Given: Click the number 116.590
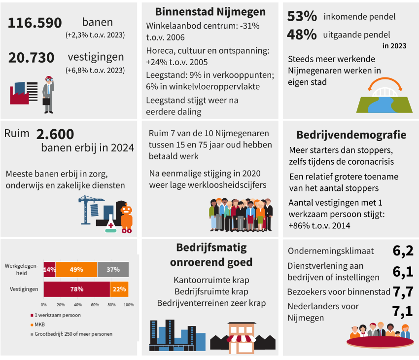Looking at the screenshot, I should [x=35, y=23].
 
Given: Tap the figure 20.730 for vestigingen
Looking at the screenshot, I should [x=31, y=58].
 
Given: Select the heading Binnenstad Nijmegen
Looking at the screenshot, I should [x=210, y=12].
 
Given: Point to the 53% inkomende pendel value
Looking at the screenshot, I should [x=302, y=17].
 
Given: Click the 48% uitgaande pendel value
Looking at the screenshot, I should [x=302, y=35].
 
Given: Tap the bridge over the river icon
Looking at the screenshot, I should [x=384, y=97].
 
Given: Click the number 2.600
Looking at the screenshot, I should [x=55, y=134].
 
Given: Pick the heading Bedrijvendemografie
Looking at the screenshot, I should [x=351, y=135].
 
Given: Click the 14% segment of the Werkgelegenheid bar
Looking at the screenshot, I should [x=49, y=270].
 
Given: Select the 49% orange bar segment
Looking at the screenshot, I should [x=76, y=270].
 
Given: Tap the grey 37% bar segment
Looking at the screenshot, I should [x=113, y=270].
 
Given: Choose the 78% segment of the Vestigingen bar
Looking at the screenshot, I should [x=76, y=289].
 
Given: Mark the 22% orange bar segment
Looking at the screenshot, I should [x=119, y=289].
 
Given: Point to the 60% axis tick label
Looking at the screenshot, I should [x=95, y=305].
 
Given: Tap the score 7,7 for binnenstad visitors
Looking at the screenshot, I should [x=403, y=292].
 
